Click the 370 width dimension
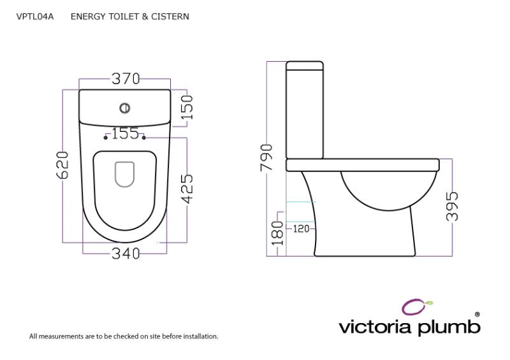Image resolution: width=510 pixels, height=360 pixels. (126, 79)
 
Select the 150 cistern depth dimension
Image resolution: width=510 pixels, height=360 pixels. (186, 107)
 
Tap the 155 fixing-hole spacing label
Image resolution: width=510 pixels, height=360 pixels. (125, 133)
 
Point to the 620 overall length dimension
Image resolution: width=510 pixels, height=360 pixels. (62, 166)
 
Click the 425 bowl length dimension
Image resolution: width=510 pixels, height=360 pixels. (187, 190)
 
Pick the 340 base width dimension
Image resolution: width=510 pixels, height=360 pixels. (126, 254)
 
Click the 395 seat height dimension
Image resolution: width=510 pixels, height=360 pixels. (452, 206)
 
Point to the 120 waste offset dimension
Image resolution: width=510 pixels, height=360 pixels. (301, 228)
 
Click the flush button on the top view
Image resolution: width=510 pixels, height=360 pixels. (125, 108)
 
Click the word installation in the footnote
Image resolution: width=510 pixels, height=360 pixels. (200, 336)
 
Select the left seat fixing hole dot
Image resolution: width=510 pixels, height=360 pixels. (106, 138)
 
